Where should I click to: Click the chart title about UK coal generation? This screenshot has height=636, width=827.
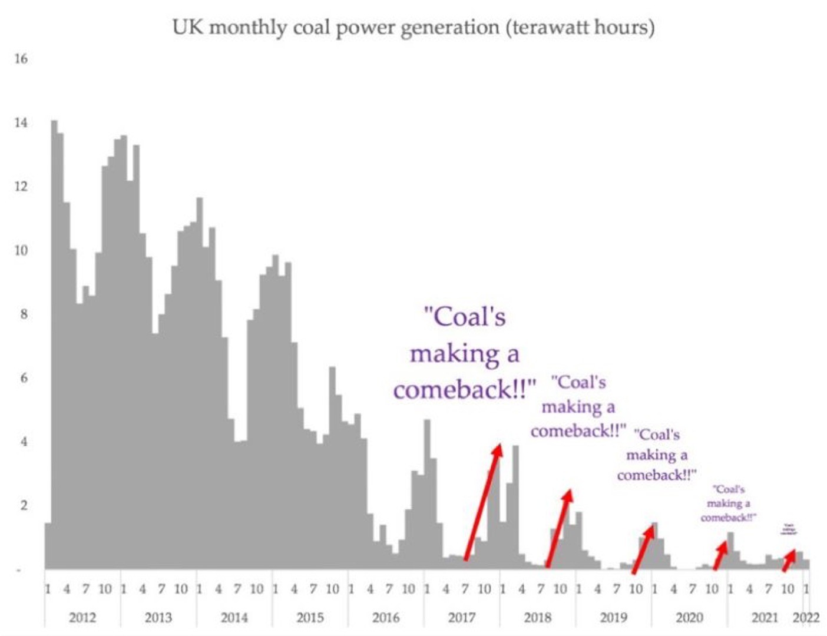coord(413,27)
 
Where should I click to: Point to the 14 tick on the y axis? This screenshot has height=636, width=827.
coord(21,122)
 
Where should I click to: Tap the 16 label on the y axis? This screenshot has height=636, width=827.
coord(21,58)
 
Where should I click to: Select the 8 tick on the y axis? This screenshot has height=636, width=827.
coord(24,314)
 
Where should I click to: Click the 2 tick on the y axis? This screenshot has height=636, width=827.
coord(24,505)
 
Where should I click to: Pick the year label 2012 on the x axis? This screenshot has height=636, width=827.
coord(82,617)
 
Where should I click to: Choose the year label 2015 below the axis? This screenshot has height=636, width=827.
coord(310,617)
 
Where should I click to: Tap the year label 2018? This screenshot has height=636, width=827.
coord(538,617)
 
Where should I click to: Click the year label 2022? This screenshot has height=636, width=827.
coord(806,617)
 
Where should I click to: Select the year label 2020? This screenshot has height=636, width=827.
coord(689,617)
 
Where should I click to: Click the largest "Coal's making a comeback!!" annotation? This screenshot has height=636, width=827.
coord(465,353)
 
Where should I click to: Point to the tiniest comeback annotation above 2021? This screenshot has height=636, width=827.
coord(789,529)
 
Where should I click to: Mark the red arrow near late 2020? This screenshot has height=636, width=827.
coord(720,555)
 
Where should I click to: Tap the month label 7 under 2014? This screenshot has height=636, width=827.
coord(237,588)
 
